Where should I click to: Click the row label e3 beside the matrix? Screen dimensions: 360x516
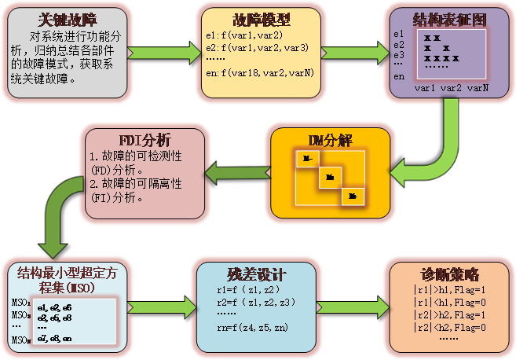coord(399,55)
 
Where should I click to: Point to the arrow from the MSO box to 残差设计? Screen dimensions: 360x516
coord(167,307)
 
